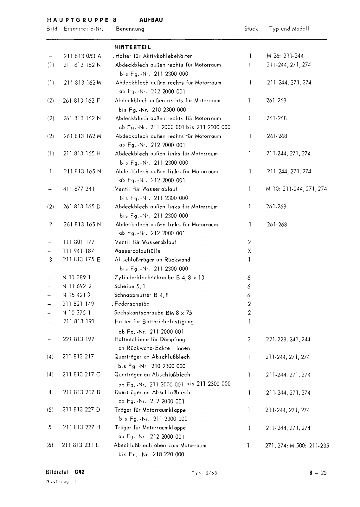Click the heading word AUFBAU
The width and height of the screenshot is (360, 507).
click(x=151, y=20)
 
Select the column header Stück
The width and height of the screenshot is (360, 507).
click(x=251, y=29)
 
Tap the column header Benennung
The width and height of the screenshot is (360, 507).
click(x=130, y=29)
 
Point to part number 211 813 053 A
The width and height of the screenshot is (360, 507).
click(x=82, y=56)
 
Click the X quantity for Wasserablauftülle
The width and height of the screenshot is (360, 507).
click(x=249, y=251)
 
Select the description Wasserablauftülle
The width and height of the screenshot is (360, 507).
click(x=138, y=251)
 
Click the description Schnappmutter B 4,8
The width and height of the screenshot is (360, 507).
click(x=141, y=295)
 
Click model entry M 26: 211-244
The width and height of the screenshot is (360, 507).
click(x=285, y=56)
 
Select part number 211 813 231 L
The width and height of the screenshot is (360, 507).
click(x=80, y=445)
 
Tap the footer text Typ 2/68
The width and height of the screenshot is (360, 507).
click(x=204, y=473)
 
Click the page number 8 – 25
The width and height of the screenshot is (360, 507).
click(x=318, y=473)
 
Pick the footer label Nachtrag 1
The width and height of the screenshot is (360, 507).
click(x=61, y=481)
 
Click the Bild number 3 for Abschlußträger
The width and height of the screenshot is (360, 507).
click(x=50, y=260)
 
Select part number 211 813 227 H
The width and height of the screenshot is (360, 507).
click(x=82, y=428)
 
